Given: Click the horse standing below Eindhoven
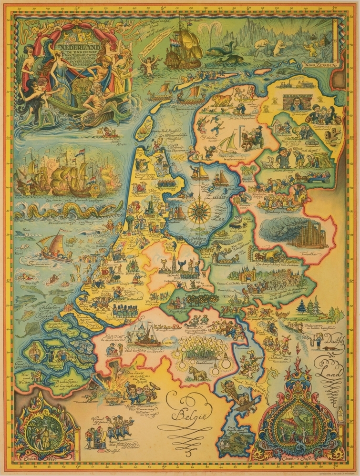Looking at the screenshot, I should pyautogui.click(x=199, y=373).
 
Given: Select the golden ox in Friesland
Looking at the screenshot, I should pyautogui.click(x=222, y=99).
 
